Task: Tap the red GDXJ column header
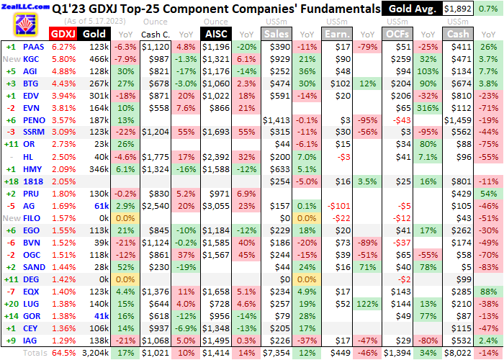(61, 34)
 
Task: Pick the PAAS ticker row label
(34, 47)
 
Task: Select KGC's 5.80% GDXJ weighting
(61, 59)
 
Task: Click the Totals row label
(32, 354)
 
